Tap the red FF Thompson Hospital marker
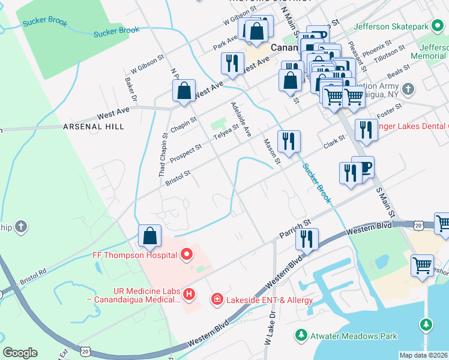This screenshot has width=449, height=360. (x=186, y=255)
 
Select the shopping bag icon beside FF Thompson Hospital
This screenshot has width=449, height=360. (x=149, y=236)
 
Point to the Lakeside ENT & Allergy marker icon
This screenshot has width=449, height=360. (x=216, y=299)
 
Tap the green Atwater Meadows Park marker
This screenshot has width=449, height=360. (x=301, y=334)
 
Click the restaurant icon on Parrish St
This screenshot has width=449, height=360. (x=307, y=239)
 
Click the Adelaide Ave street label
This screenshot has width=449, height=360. (x=240, y=119)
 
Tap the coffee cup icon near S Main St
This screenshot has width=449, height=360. (x=363, y=167)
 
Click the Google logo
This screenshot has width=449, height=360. (x=20, y=353)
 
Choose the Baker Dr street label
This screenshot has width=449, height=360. (x=131, y=89)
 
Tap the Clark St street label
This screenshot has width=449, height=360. (x=335, y=142)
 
